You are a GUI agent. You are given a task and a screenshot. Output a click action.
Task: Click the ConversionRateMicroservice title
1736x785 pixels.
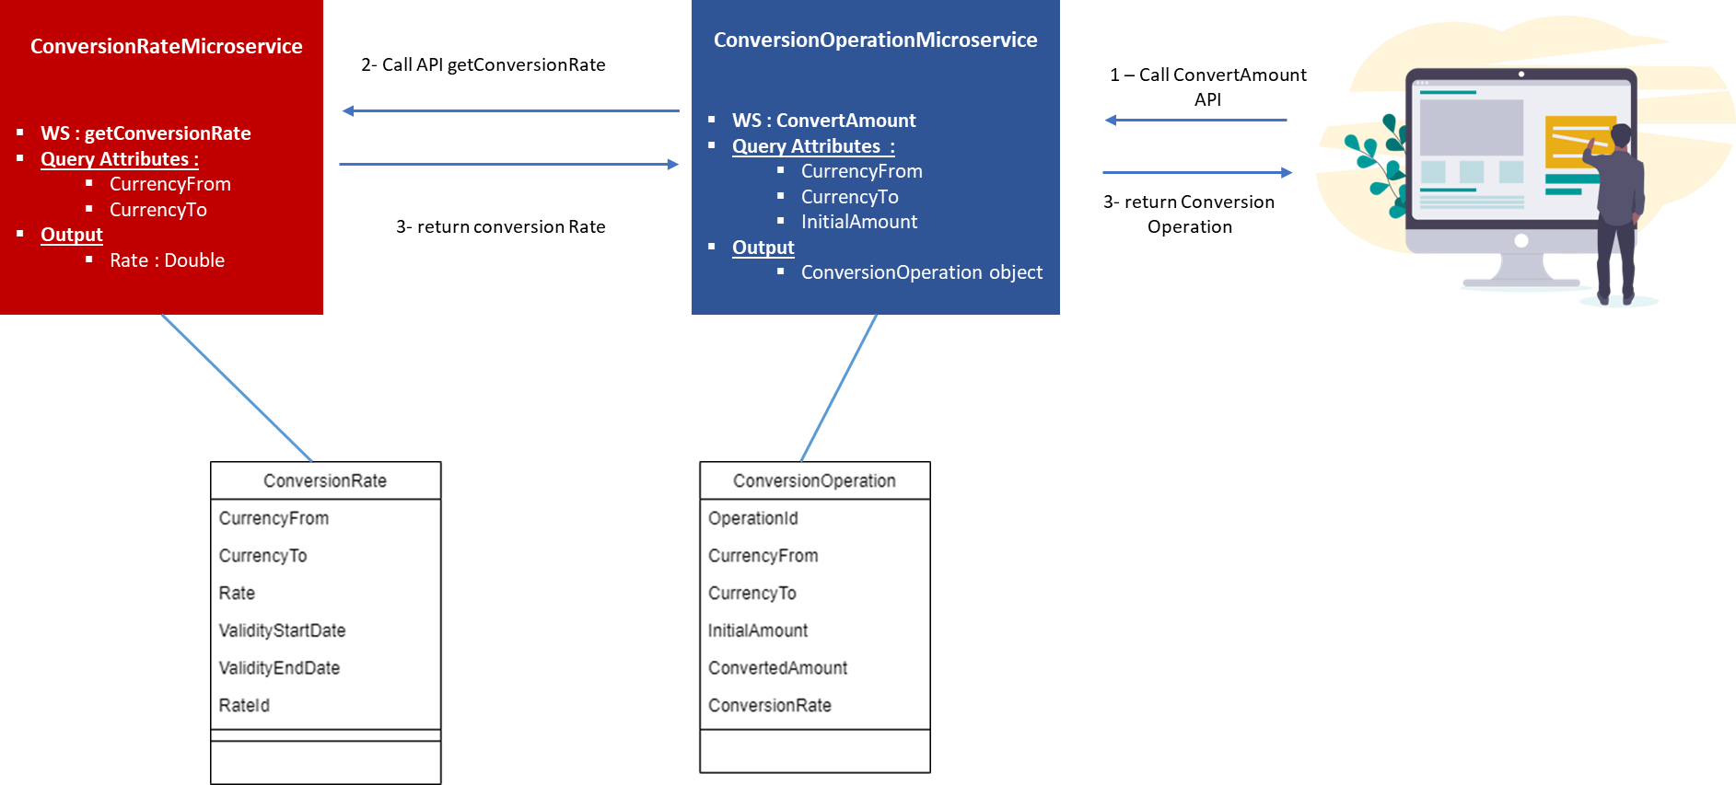coord(166,46)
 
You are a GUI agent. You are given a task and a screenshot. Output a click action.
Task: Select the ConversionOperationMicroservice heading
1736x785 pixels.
coord(875,40)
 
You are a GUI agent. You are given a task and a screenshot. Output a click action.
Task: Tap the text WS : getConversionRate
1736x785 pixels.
coord(146,133)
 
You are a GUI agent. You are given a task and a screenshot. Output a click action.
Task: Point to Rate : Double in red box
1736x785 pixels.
coord(167,260)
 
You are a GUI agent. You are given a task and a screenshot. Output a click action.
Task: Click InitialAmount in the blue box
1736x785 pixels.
coord(858,222)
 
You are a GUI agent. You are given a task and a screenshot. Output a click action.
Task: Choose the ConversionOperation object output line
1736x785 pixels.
coord(921,272)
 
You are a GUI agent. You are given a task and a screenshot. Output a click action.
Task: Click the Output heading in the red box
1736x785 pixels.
coord(72,235)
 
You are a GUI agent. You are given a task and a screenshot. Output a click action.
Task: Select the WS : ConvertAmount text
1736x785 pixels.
coord(823,121)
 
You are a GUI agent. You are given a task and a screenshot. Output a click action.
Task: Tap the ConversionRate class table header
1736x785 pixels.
coord(325,480)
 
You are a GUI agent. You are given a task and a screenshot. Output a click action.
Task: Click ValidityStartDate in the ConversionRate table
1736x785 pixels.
coord(282,630)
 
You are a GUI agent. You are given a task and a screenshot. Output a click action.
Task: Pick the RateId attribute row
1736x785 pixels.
coord(244,705)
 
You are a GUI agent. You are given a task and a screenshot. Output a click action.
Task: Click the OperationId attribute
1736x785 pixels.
coord(752,518)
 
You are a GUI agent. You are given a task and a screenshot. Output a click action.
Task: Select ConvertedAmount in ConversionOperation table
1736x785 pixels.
coord(777,668)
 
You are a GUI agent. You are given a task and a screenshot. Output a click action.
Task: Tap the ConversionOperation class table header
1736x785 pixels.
coord(814,480)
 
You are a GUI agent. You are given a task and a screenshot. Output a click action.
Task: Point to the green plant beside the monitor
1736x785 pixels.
coord(1377,161)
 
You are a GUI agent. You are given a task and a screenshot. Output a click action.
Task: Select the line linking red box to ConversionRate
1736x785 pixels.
coord(237,387)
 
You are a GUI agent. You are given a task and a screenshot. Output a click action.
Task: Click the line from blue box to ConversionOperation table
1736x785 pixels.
coord(838,387)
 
